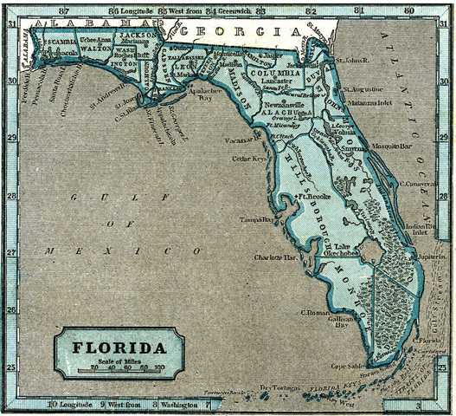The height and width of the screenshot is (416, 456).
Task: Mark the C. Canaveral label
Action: click(x=418, y=184)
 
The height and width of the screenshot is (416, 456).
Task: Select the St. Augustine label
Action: click(x=364, y=88)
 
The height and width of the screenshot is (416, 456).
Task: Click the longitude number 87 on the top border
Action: click(x=63, y=10)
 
